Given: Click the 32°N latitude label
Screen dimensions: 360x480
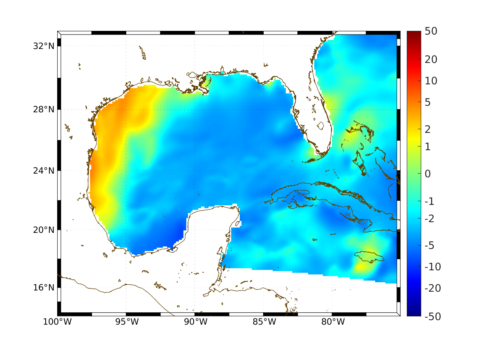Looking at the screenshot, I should tap(44, 46).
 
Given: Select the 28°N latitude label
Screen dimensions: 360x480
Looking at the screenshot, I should tap(44, 109).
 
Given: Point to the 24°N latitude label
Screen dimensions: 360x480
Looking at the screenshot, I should tap(44, 170).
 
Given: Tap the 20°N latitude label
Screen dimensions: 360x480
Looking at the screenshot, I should tap(44, 230).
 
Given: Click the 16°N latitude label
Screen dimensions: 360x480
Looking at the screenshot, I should tap(44, 288).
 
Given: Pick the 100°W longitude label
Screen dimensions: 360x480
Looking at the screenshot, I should tap(57, 322).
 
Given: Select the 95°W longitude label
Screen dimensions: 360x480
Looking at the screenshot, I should tap(126, 322).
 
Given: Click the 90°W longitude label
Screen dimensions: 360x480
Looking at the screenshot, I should tap(195, 322).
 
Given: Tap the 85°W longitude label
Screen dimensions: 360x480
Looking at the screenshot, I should tap(264, 322).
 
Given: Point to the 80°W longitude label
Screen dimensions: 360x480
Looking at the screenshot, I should tap(333, 322).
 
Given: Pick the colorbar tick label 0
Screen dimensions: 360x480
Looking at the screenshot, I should tap(428, 174).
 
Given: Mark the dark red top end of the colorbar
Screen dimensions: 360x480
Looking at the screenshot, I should tap(414, 34).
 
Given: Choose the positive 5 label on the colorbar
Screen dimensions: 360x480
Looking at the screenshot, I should tap(428, 102).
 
